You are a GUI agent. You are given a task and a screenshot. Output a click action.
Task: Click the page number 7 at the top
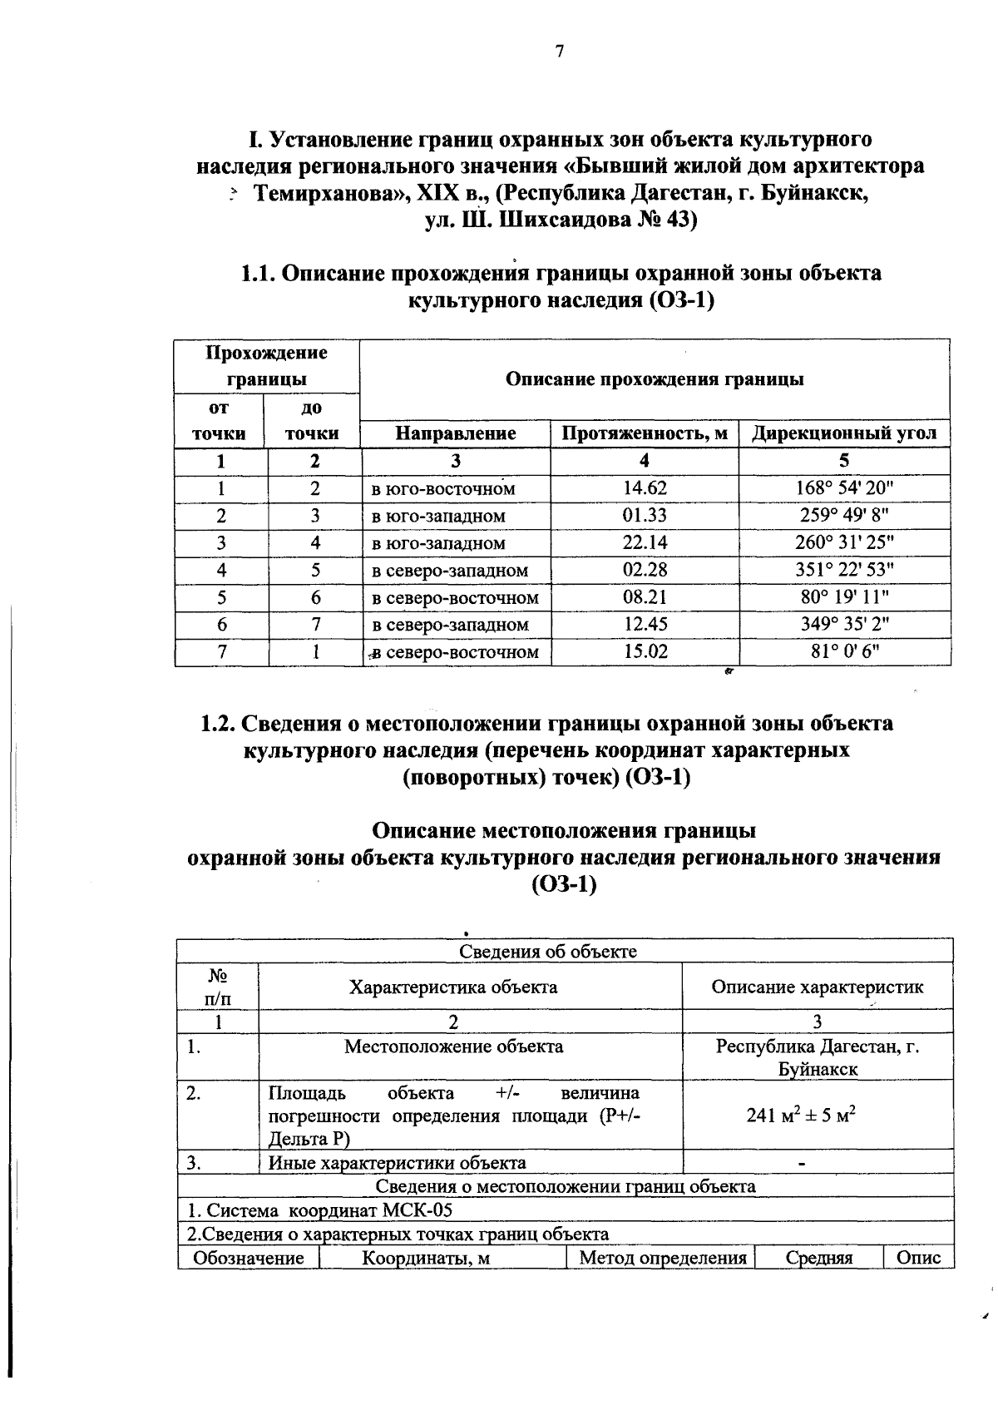coord(559,52)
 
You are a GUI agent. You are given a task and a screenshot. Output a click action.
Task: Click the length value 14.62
coord(645,488)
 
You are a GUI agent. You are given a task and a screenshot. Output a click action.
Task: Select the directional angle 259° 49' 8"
coord(844,516)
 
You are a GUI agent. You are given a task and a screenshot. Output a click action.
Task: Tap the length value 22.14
coord(645,543)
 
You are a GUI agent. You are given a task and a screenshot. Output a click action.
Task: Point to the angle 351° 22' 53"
coord(844,571)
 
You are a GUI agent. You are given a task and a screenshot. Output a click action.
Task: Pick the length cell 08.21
coord(645,597)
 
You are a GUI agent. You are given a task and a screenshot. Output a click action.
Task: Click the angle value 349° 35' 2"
coord(844,625)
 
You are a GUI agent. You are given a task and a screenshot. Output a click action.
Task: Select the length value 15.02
coord(645,652)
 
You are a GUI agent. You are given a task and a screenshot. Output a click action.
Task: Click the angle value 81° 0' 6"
coord(844,652)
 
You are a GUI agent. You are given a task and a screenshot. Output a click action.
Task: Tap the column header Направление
coord(455,433)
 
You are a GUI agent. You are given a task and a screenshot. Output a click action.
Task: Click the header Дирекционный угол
coord(844,433)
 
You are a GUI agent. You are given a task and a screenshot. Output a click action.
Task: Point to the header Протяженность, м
coord(645,433)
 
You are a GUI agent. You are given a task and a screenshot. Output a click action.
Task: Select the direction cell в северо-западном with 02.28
coord(449,571)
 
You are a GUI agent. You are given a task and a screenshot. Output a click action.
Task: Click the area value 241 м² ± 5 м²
coord(801,1116)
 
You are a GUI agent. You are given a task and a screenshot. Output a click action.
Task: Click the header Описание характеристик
coord(817,987)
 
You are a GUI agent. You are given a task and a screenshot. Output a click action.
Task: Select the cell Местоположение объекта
coord(453,1046)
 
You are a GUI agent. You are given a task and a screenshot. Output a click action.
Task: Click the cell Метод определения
coord(662,1258)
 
